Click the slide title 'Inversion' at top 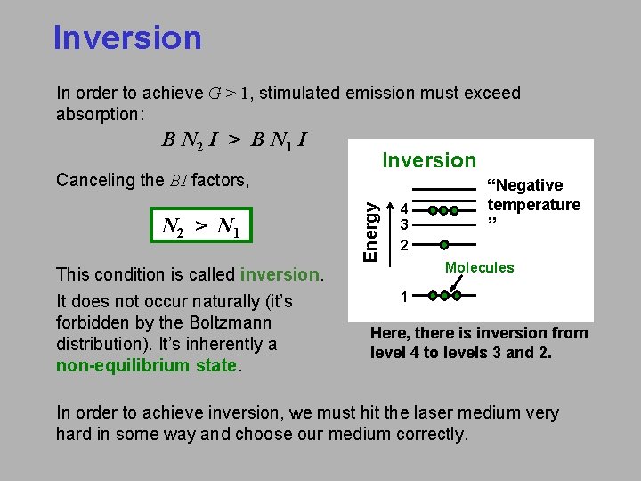click(x=127, y=38)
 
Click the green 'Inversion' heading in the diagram click(x=429, y=160)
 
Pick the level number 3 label click(x=403, y=224)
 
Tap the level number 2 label click(x=403, y=245)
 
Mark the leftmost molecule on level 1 click(x=431, y=296)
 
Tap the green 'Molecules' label click(x=480, y=268)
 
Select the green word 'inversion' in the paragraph click(x=279, y=274)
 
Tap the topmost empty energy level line click(x=443, y=189)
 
